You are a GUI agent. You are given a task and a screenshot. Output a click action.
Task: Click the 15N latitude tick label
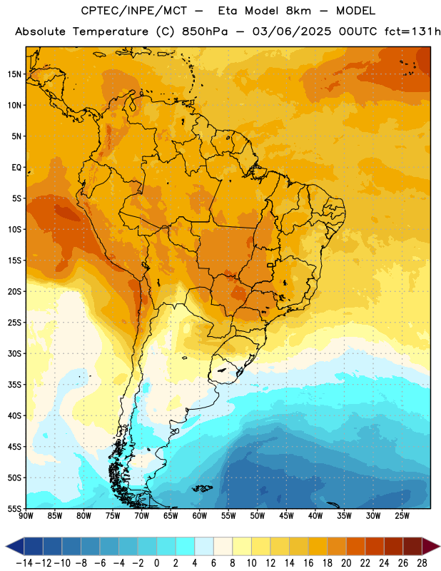14,74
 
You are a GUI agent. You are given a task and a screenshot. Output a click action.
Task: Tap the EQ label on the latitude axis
16,168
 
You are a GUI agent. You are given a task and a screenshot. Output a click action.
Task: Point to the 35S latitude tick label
14,385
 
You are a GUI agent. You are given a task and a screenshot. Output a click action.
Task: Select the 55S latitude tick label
14,508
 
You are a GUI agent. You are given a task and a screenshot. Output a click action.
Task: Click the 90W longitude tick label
26,516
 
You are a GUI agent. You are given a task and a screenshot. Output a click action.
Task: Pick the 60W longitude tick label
200,516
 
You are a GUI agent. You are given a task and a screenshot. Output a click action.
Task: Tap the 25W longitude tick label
402,516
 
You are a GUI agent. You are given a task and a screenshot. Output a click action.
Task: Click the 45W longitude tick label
286,516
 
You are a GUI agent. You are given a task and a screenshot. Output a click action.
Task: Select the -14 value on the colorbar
24,563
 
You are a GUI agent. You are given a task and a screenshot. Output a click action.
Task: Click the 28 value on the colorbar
422,563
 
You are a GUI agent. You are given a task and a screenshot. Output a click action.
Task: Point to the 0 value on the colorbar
157,563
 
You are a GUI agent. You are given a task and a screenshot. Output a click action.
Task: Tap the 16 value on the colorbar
308,563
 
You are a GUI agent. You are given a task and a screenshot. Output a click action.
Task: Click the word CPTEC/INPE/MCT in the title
134,11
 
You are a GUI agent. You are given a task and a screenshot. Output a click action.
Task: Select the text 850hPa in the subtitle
205,31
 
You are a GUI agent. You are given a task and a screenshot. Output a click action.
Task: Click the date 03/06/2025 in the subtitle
292,31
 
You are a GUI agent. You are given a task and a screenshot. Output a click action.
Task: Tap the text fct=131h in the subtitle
412,31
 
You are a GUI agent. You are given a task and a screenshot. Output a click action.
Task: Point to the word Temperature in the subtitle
111,32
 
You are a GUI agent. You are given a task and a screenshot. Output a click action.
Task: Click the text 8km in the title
298,11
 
